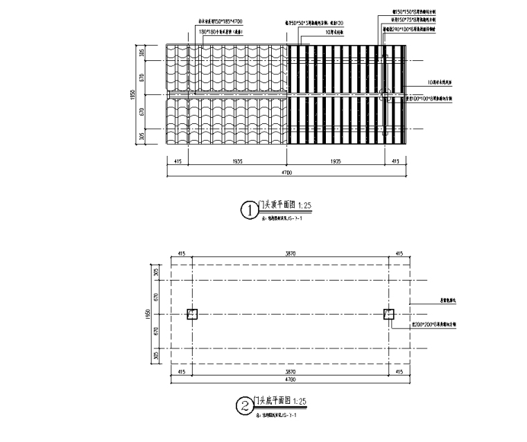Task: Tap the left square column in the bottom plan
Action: (193, 315)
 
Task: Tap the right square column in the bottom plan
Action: (388, 315)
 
